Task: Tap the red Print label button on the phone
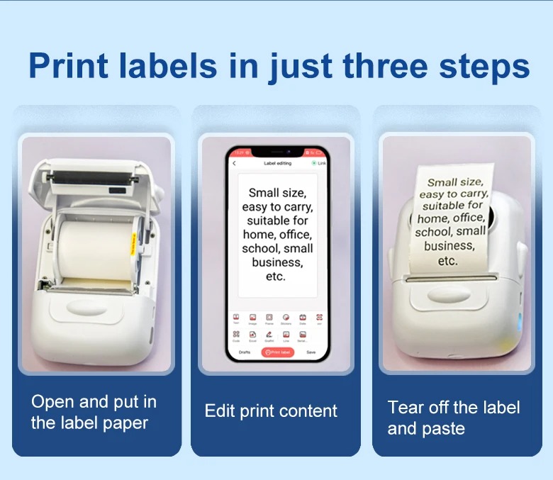point(277,352)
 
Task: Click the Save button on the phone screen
point(311,352)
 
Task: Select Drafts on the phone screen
point(244,352)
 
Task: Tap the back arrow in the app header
point(235,163)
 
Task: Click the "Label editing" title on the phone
point(277,163)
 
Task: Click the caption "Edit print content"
point(271,411)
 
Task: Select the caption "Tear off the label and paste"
point(453,418)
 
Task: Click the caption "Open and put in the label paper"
point(94,412)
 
